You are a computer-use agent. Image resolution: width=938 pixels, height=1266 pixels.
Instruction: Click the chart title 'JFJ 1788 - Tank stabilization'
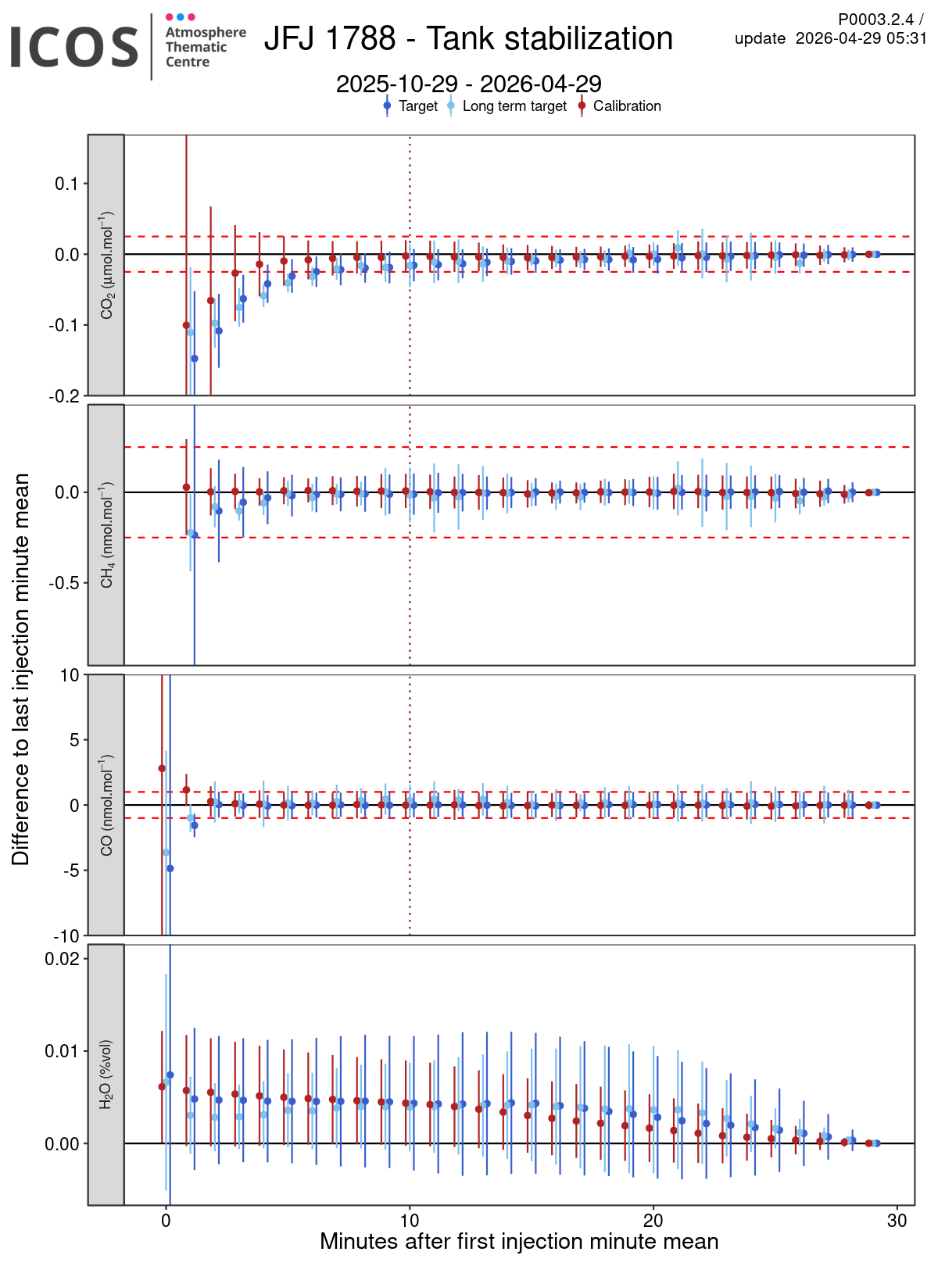pyautogui.click(x=468, y=39)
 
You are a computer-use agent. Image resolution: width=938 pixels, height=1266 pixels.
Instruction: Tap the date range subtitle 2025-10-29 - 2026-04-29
pyautogui.click(x=468, y=84)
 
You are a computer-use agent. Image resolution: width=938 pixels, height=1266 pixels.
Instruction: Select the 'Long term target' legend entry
pyautogui.click(x=514, y=106)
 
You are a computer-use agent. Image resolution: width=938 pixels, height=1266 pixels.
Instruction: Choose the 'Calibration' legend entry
pyautogui.click(x=626, y=106)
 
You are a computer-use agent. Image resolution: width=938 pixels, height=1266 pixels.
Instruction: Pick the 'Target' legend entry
pyautogui.click(x=417, y=106)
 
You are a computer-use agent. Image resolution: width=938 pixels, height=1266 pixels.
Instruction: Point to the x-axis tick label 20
pyautogui.click(x=653, y=1221)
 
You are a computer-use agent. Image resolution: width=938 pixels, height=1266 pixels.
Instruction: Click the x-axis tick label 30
pyautogui.click(x=897, y=1221)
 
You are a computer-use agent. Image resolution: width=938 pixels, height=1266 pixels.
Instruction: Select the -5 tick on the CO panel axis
pyautogui.click(x=71, y=871)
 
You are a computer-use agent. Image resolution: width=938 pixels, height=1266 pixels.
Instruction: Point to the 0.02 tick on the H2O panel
pyautogui.click(x=63, y=959)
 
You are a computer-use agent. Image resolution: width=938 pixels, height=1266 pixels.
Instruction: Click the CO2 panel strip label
pyautogui.click(x=106, y=266)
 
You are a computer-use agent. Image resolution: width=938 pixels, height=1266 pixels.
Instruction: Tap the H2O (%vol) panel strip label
pyautogui.click(x=106, y=1075)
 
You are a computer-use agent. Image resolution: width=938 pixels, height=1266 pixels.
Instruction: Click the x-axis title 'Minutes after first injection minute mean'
pyautogui.click(x=519, y=1242)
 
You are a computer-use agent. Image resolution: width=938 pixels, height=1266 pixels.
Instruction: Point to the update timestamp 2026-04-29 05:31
pyautogui.click(x=861, y=38)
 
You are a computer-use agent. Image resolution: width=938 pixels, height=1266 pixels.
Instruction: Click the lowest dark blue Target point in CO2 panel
pyautogui.click(x=195, y=359)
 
